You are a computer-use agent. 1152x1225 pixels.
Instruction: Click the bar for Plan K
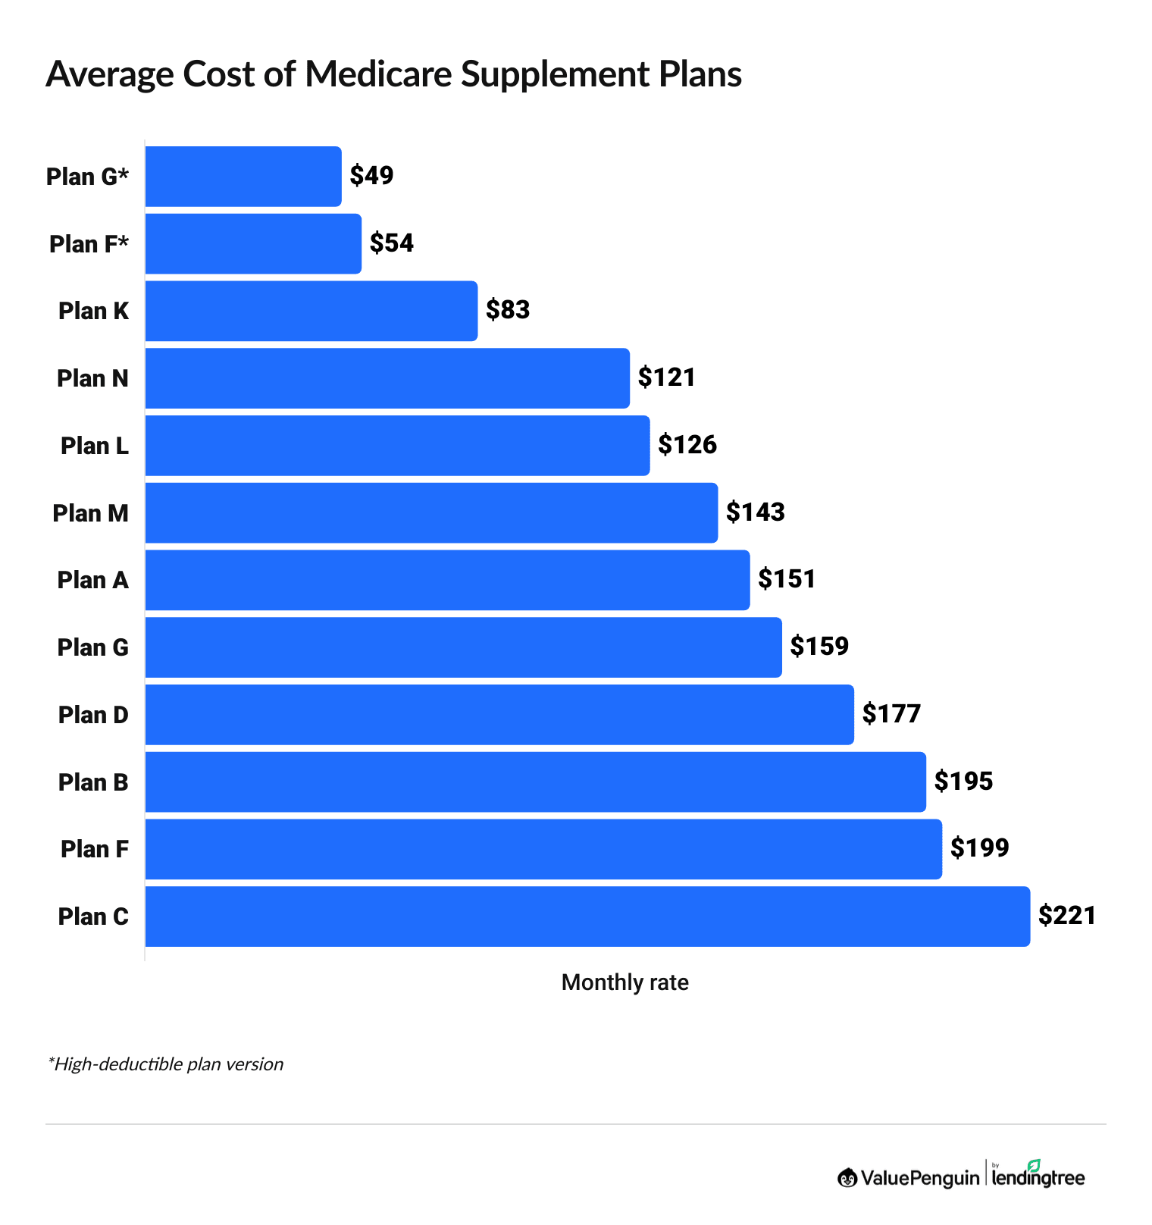(x=311, y=311)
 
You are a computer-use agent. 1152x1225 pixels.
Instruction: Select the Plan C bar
(x=587, y=916)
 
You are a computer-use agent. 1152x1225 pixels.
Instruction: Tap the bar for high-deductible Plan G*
(x=243, y=176)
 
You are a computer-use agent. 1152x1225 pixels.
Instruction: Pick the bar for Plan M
(x=431, y=512)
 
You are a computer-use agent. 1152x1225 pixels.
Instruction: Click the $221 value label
(x=1067, y=916)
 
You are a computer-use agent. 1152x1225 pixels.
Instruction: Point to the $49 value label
(x=371, y=176)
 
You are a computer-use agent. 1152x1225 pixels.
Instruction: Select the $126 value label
(x=687, y=445)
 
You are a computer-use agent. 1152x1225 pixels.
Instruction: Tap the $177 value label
(x=891, y=714)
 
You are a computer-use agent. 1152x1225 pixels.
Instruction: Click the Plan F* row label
(x=89, y=244)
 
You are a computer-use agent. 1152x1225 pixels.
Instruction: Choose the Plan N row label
(x=92, y=378)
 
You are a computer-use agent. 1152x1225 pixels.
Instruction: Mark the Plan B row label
(x=93, y=782)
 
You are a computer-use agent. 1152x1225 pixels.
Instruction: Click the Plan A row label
(x=92, y=580)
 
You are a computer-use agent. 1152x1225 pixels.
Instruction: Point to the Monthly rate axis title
(x=625, y=982)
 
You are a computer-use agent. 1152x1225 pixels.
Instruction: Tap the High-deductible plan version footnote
(x=165, y=1064)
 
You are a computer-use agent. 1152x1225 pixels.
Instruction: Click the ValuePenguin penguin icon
(x=847, y=1177)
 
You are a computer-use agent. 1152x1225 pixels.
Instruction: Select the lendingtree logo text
(x=1038, y=1177)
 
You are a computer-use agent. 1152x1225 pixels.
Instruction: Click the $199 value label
(x=979, y=848)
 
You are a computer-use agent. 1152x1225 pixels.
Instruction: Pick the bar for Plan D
(x=499, y=715)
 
